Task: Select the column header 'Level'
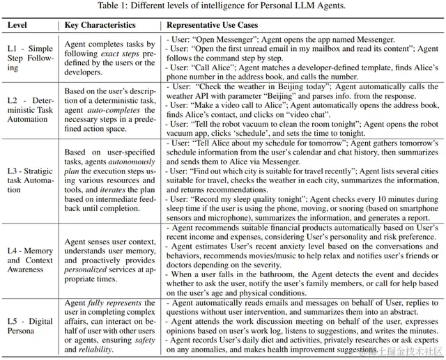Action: coord(20,25)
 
